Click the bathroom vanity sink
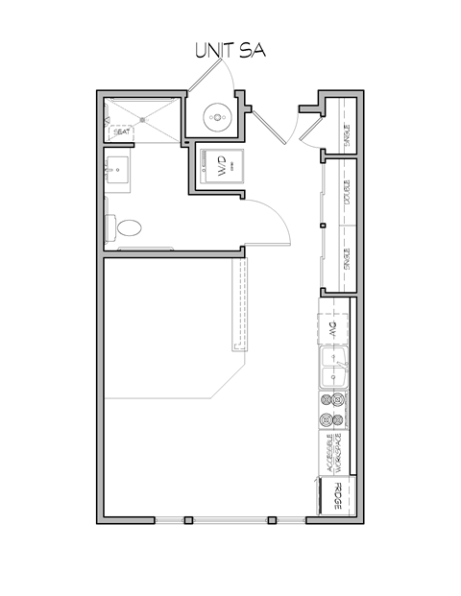pyautogui.click(x=119, y=172)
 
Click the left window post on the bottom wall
pyautogui.click(x=188, y=521)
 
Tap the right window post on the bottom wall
pyautogui.click(x=273, y=521)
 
